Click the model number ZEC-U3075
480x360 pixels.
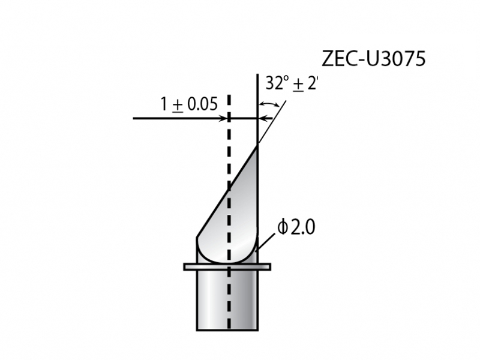[374, 59]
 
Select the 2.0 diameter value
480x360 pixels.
[302, 228]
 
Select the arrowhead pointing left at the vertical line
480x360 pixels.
[262, 118]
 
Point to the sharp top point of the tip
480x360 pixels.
[257, 145]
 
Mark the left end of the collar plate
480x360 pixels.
[186, 266]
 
